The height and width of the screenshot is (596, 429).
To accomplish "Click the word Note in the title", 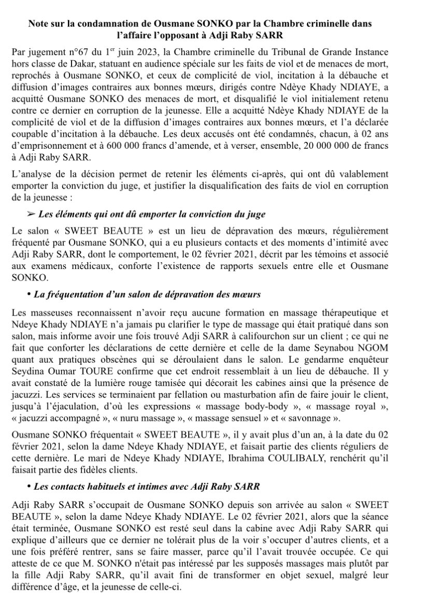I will click(x=39, y=24).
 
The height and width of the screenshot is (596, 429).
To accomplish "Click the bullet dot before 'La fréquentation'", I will click(x=29, y=294).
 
